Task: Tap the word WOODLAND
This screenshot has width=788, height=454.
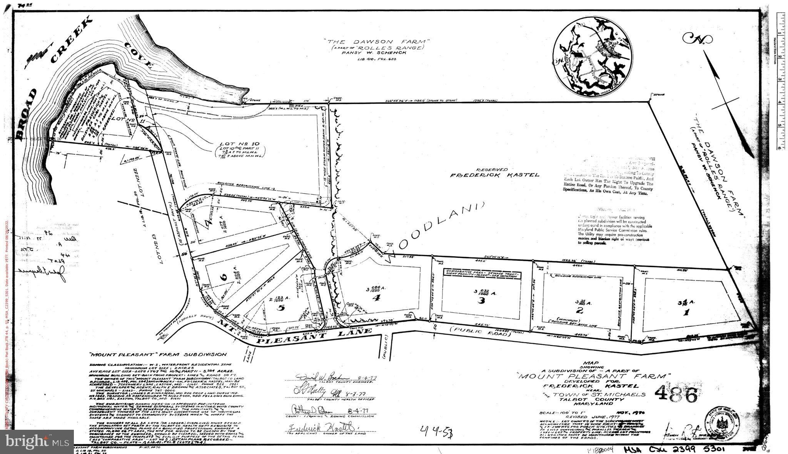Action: tap(435, 231)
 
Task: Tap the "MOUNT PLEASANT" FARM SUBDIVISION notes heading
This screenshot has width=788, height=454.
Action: tap(158, 354)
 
